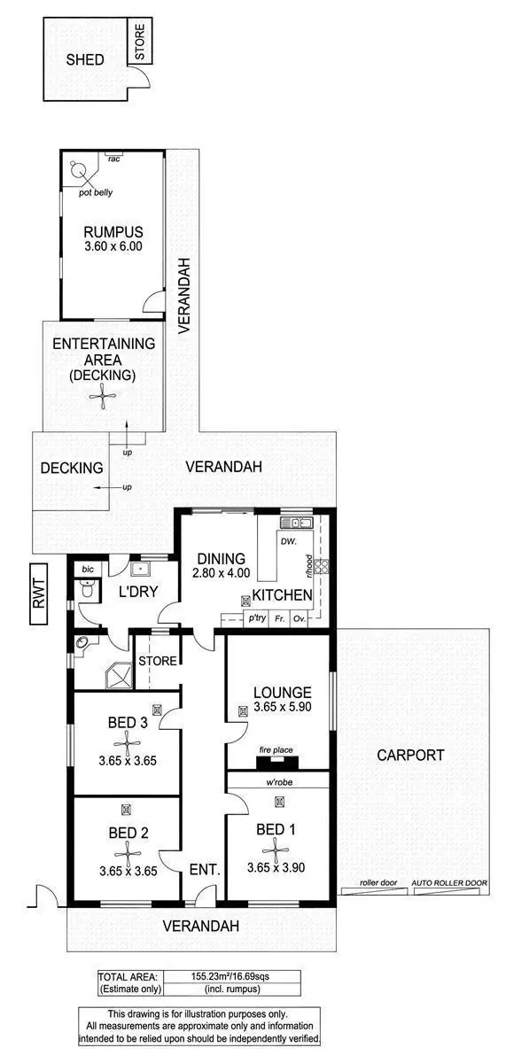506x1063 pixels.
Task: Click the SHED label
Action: [86, 60]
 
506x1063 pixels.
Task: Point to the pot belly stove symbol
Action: [80, 168]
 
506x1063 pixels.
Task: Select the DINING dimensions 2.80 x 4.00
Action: [221, 574]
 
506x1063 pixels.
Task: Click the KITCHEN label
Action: [282, 594]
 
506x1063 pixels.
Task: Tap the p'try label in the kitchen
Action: [257, 618]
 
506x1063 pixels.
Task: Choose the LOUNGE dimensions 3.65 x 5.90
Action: [281, 709]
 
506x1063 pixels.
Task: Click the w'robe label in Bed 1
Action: [281, 782]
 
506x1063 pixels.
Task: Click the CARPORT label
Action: [409, 756]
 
